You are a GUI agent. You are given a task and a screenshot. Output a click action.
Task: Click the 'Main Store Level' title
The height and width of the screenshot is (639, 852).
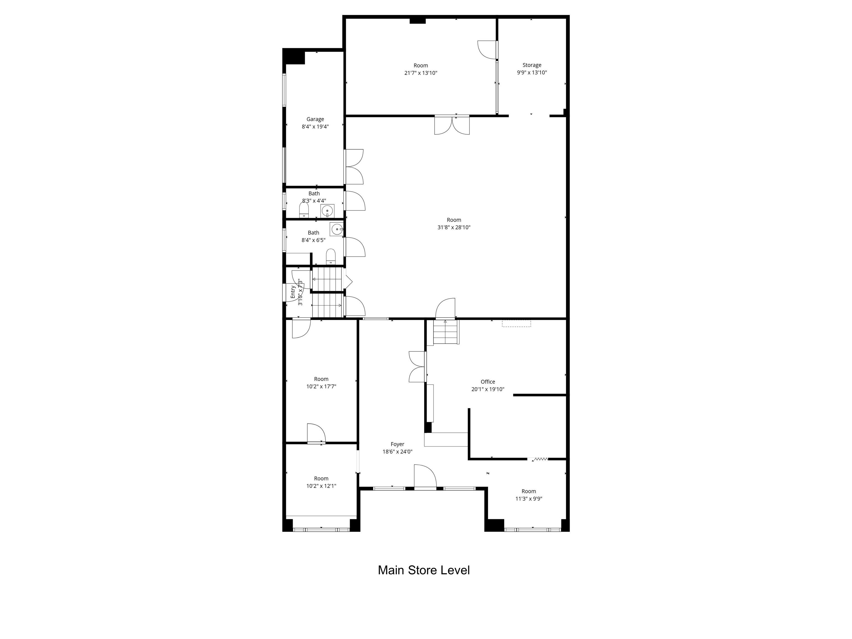click(x=424, y=570)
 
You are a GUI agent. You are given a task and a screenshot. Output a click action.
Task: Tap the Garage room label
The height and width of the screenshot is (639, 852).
click(x=315, y=119)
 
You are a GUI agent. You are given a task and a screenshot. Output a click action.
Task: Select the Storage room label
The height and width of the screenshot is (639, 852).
click(x=532, y=65)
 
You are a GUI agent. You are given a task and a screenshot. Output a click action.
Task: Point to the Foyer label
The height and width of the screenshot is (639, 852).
click(x=397, y=444)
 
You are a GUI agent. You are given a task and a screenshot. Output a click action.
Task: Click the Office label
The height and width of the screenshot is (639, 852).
click(x=488, y=382)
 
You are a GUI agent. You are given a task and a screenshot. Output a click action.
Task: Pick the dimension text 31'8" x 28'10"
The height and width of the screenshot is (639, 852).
click(x=454, y=227)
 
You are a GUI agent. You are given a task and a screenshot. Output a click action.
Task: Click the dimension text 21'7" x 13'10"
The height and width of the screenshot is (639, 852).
click(x=421, y=73)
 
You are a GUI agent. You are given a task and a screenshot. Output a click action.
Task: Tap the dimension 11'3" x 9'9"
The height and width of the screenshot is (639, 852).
click(x=529, y=498)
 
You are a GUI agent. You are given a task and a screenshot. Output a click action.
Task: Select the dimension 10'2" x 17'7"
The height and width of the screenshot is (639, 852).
click(x=321, y=386)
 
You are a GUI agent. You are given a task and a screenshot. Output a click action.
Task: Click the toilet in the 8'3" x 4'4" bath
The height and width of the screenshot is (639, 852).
click(x=304, y=210)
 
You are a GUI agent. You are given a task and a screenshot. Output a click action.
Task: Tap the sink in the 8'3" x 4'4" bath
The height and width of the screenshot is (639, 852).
click(x=327, y=211)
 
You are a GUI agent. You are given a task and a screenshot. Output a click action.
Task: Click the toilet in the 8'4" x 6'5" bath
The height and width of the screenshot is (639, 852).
click(x=331, y=257)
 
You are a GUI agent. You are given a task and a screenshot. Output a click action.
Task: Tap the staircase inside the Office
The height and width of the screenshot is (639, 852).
click(x=446, y=333)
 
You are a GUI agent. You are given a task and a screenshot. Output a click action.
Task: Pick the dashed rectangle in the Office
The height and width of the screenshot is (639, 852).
click(x=516, y=324)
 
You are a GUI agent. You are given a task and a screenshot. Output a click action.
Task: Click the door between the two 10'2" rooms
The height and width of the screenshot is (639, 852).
click(x=316, y=434)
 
